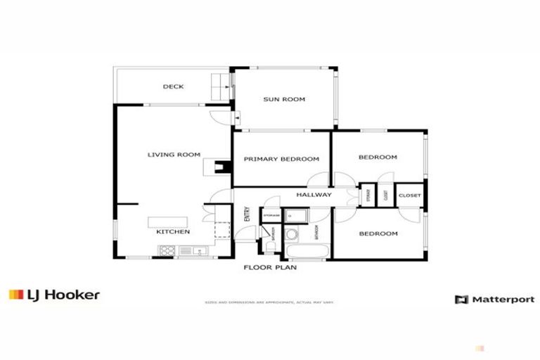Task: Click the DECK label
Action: click(173, 87)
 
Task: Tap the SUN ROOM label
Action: click(284, 100)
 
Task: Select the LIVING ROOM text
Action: click(174, 155)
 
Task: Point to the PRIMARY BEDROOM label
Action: click(281, 160)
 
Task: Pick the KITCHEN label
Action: click(173, 231)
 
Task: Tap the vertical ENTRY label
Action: click(247, 214)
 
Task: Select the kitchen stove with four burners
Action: click(167, 250)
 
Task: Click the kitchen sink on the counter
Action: click(187, 250)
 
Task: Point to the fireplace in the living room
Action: click(221, 167)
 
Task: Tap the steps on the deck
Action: click(219, 86)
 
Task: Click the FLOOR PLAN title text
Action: click(270, 267)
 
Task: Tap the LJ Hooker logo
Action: click(54, 295)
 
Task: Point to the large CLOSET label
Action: click(409, 195)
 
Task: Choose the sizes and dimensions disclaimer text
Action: click(270, 302)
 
